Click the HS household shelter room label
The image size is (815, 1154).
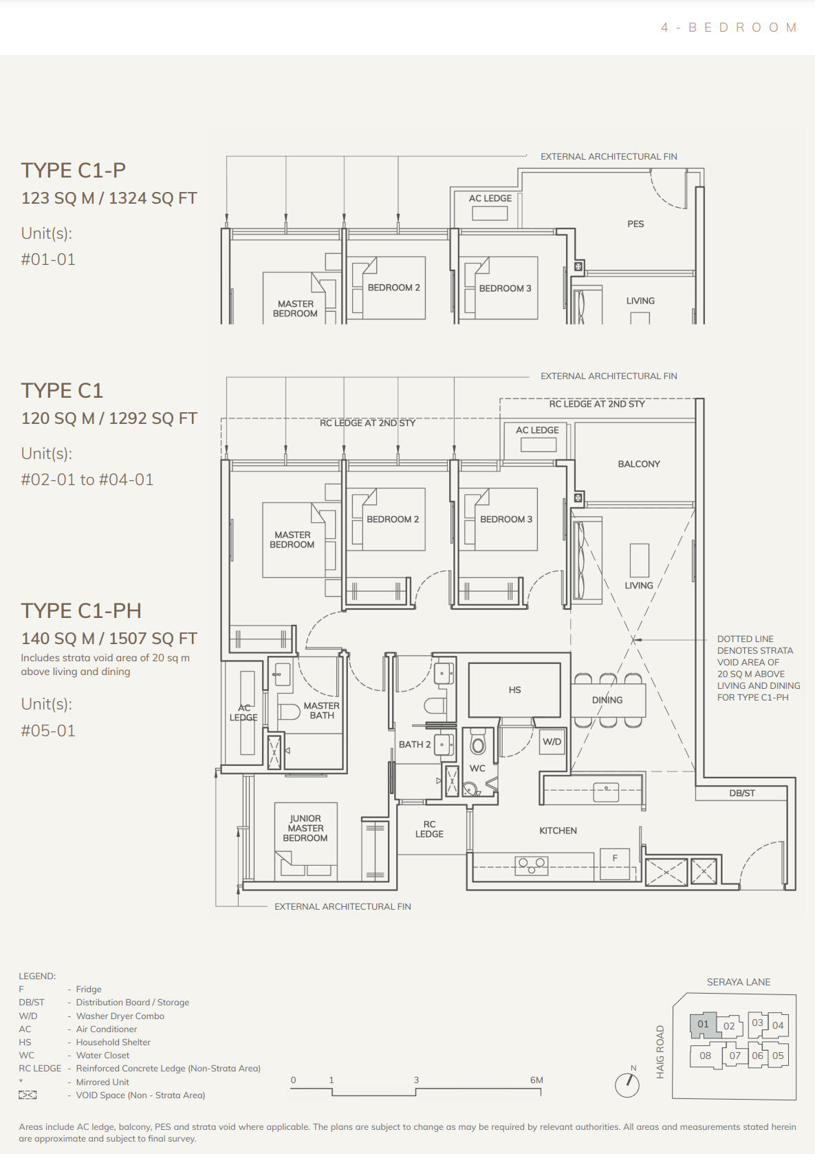point(514,690)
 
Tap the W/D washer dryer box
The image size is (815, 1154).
point(552,742)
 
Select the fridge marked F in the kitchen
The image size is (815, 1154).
point(615,864)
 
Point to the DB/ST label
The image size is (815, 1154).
point(741,793)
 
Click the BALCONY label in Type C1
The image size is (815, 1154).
point(638,464)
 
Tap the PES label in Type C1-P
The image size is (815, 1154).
point(635,224)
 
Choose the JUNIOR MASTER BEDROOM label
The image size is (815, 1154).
point(305,828)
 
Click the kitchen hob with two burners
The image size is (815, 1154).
point(532,866)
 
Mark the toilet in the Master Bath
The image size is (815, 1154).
point(289,712)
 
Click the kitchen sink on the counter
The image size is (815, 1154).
point(605,792)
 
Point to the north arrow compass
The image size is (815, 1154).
point(628,1085)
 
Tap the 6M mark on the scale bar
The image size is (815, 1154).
point(536,1080)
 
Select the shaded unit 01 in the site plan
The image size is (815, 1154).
point(704,1025)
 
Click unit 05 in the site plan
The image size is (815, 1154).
point(778,1056)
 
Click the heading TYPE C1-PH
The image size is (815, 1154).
point(81,611)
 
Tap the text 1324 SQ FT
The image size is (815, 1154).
point(153,198)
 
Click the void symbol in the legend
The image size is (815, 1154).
point(28,1095)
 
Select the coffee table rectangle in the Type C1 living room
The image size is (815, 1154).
point(640,561)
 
